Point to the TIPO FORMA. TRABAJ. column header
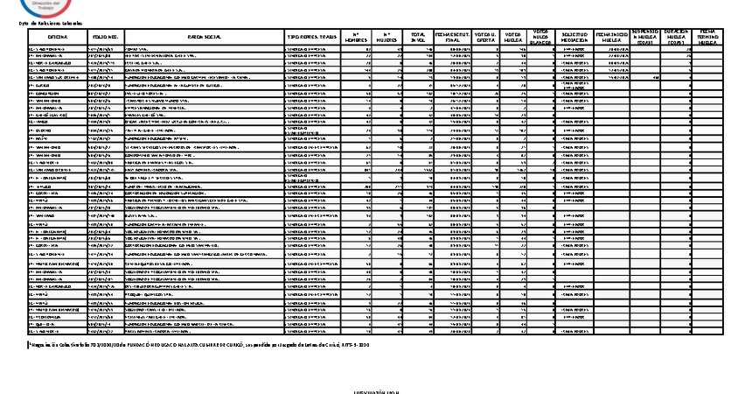coord(310,38)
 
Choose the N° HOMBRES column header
coord(356,37)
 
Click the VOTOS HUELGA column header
coord(514,37)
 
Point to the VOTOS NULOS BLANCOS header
coord(540,37)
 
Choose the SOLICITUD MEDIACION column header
coord(574,37)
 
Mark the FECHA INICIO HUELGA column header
coord(611,37)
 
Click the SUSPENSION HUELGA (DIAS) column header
coord(644,37)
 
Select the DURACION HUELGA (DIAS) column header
coord(677,37)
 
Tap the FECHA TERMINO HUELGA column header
coord(708,37)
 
